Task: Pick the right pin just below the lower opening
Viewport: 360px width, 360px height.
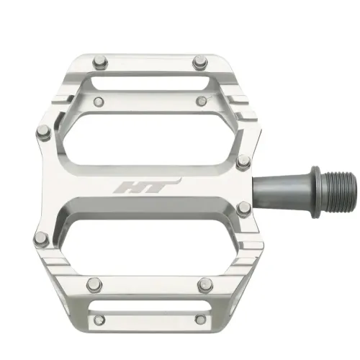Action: click(x=204, y=284)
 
